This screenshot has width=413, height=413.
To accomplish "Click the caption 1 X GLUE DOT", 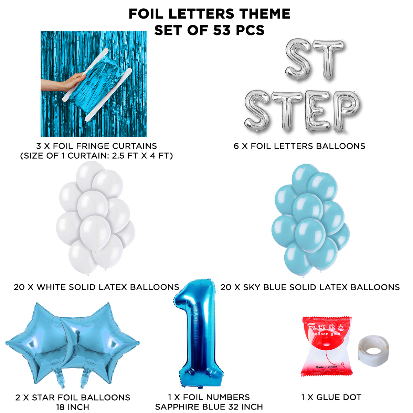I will [331, 397].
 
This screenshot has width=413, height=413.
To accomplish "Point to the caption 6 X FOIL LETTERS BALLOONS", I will [299, 146].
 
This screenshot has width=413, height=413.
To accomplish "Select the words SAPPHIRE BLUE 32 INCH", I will [209, 407].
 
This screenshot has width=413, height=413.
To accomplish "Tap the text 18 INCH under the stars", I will [73, 407].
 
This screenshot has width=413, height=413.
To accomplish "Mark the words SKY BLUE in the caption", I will [263, 287].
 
